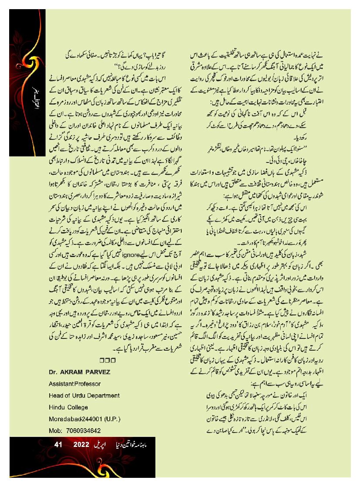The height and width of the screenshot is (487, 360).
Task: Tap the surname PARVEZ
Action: [99, 372]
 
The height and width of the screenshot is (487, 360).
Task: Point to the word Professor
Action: [88, 384]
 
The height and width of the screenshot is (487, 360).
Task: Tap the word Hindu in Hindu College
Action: [57, 407]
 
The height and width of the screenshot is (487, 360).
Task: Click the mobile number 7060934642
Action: [84, 431]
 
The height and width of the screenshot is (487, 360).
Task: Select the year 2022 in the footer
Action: [82, 445]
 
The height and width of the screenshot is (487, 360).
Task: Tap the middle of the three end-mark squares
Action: [107, 360]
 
